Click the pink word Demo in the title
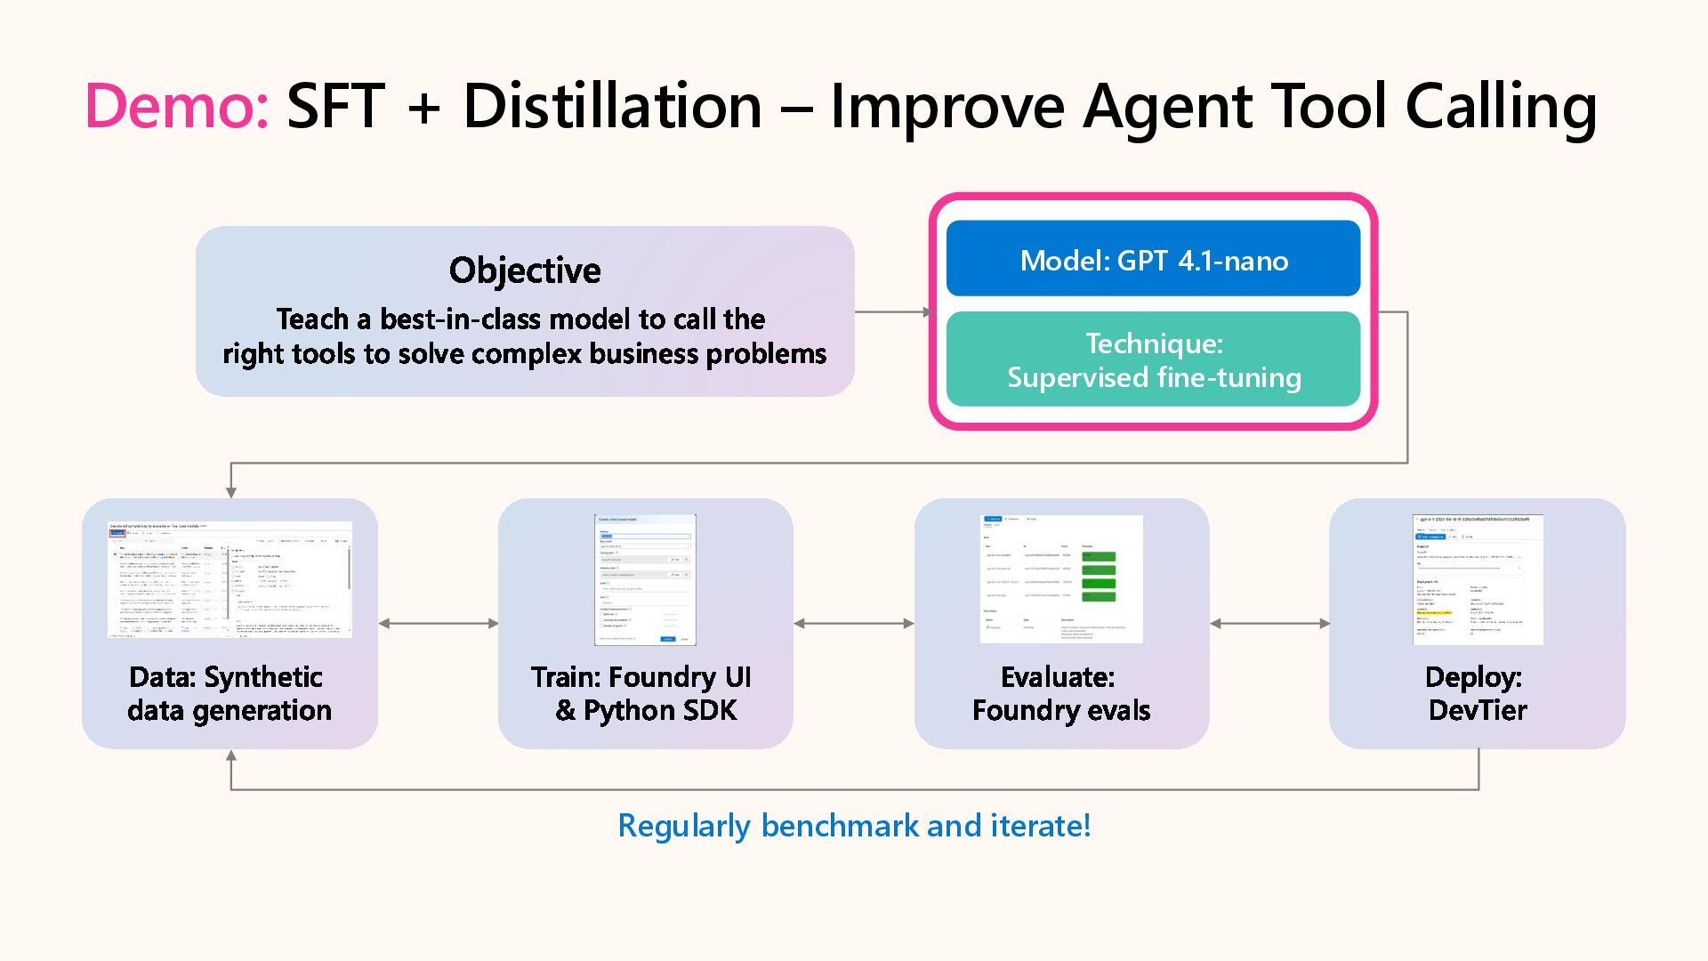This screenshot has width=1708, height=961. (x=176, y=106)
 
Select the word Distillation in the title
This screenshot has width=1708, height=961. (x=613, y=106)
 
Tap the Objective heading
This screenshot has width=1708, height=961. (x=525, y=271)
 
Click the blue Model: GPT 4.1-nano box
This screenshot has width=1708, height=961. (x=1153, y=259)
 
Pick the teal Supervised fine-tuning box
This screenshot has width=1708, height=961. (x=1153, y=359)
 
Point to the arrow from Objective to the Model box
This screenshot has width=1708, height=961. (x=892, y=312)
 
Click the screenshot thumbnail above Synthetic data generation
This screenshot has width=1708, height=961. (x=230, y=579)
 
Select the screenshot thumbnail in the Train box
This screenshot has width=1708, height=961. (x=645, y=579)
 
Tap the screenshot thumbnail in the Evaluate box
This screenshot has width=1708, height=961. (x=1061, y=579)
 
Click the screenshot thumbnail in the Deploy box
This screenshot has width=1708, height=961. (x=1478, y=579)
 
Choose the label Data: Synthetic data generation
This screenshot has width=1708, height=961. (x=229, y=693)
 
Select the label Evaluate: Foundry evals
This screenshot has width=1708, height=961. (x=1060, y=693)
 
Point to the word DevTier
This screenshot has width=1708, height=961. (x=1478, y=710)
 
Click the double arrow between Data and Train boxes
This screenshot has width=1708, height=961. (x=438, y=624)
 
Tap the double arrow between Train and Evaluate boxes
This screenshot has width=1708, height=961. (x=853, y=624)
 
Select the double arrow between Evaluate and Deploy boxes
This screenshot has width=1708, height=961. (x=1269, y=624)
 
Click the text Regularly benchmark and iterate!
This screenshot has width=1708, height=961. (x=854, y=826)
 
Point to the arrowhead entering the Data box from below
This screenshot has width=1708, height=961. (x=231, y=756)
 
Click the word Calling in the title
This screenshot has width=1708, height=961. (x=1501, y=106)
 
